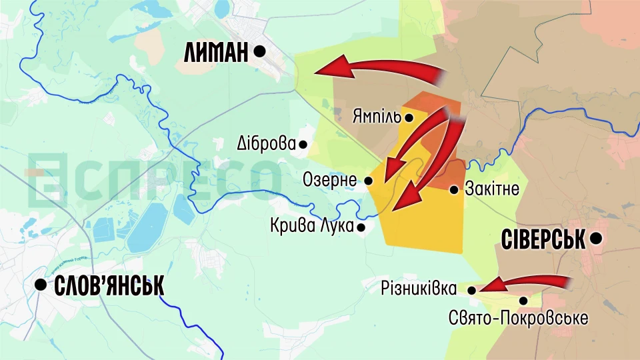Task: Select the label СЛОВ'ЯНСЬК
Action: pos(108,286)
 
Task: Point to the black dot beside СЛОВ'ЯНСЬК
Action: pos(41,285)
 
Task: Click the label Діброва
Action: pos(266,143)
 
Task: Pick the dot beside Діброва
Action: pos(303,144)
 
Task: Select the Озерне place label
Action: pos(331,180)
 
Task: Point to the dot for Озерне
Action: pos(369,181)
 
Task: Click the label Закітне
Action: pos(493,190)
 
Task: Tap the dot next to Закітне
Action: pos(454,190)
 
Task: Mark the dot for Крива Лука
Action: pos(361,227)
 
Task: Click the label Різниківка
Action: pos(419,289)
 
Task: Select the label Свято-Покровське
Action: pos(518,318)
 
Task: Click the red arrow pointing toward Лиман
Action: pos(380,69)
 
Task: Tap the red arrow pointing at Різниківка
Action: pos(527,283)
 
